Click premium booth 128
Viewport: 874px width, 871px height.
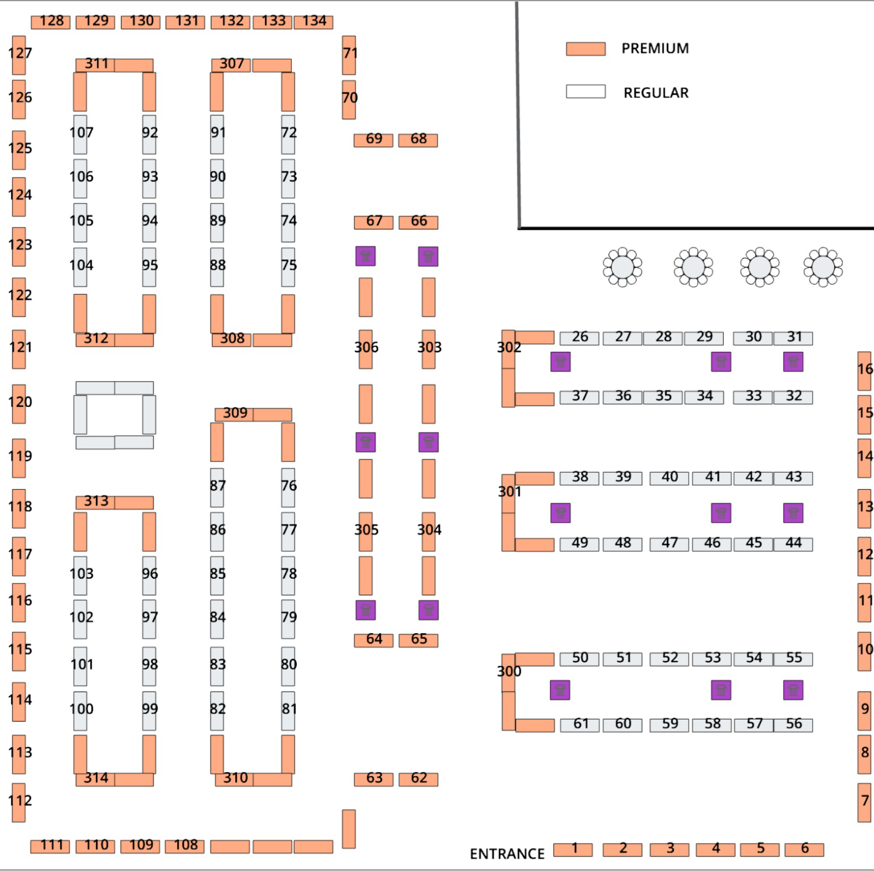(50, 22)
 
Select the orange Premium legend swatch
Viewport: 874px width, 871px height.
(585, 48)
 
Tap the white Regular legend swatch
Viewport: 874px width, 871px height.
(585, 91)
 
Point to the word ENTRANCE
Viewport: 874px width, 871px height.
(507, 854)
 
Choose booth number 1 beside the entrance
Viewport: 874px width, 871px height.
(573, 850)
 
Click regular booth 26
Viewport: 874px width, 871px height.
(579, 338)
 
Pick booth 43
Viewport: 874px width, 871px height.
(793, 478)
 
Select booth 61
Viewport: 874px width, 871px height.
(580, 725)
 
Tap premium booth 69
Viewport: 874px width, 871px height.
(373, 140)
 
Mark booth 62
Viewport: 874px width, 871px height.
(418, 779)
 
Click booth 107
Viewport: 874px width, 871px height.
(80, 134)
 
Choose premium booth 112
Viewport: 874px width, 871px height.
(19, 802)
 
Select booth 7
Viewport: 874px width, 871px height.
(864, 802)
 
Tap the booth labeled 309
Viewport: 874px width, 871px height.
(234, 414)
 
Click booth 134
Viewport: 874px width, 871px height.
(313, 22)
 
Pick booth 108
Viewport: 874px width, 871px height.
(185, 846)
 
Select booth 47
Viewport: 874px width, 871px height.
(669, 544)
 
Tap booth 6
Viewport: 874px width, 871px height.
(804, 850)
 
